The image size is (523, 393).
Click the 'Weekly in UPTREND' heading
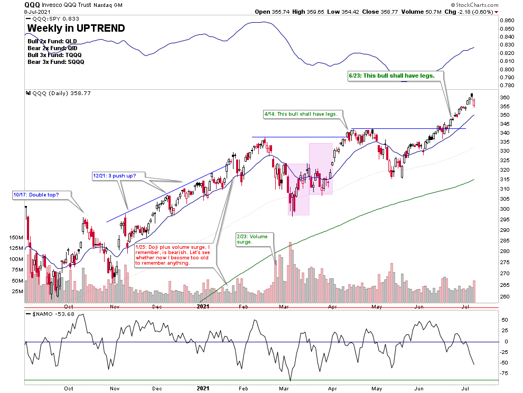pos(76,28)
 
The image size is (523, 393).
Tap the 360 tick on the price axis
pos(505,98)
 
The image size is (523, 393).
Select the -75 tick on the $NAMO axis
pos(505,373)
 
